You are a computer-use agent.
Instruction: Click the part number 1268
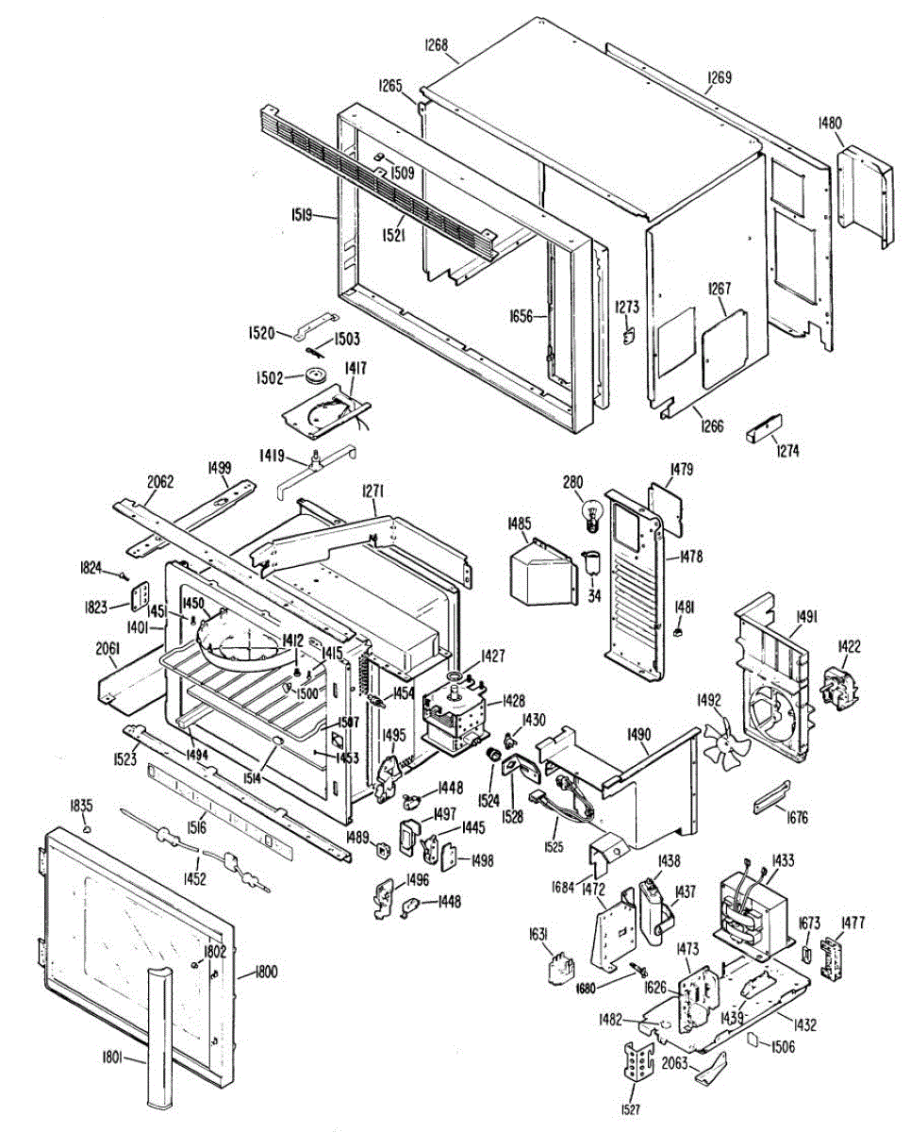click(x=437, y=44)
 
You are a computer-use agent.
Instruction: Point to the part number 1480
click(x=831, y=122)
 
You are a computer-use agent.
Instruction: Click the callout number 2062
click(x=161, y=481)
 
